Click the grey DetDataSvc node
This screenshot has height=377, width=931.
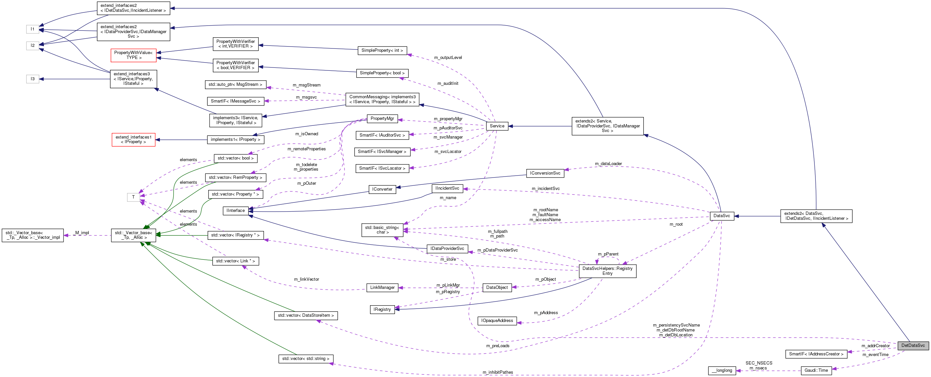[x=913, y=345]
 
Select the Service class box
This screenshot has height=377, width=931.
[x=497, y=126]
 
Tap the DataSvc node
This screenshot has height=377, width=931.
[x=721, y=216]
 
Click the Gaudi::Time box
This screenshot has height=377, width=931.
[x=816, y=370]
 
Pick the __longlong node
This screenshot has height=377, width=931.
[x=722, y=370]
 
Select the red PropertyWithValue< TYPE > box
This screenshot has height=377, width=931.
[x=133, y=55]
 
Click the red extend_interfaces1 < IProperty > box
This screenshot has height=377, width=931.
[x=133, y=140]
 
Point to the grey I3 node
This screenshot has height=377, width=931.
[x=32, y=79]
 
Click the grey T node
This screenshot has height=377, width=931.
[x=133, y=197]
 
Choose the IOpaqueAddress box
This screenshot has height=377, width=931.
[x=497, y=321]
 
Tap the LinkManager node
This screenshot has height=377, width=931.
[x=382, y=287]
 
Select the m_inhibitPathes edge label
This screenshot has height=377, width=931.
[x=497, y=372]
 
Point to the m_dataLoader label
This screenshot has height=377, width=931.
[x=608, y=164]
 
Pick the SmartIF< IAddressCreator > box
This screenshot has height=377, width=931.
[x=816, y=354]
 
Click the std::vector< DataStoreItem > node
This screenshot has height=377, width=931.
[x=306, y=315]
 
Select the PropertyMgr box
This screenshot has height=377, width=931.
[x=382, y=119]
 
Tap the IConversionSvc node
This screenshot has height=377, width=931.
[x=545, y=173]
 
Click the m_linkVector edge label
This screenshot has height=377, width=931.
[x=306, y=279]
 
